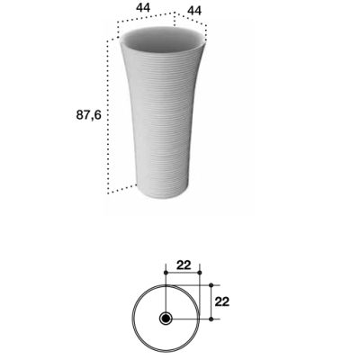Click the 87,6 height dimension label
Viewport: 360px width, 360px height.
pos(89,115)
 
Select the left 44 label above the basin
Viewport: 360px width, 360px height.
pos(143,8)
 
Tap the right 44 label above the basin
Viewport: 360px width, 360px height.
pos(194,11)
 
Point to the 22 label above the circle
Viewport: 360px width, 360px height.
pos(184,265)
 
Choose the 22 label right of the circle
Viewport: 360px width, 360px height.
pos(222,301)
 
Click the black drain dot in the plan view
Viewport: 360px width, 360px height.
pos(166,319)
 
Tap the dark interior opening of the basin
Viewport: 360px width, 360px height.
pos(164,40)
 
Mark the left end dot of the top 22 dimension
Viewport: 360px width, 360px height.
pos(166,273)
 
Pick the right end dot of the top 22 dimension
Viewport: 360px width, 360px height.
pos(200,273)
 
